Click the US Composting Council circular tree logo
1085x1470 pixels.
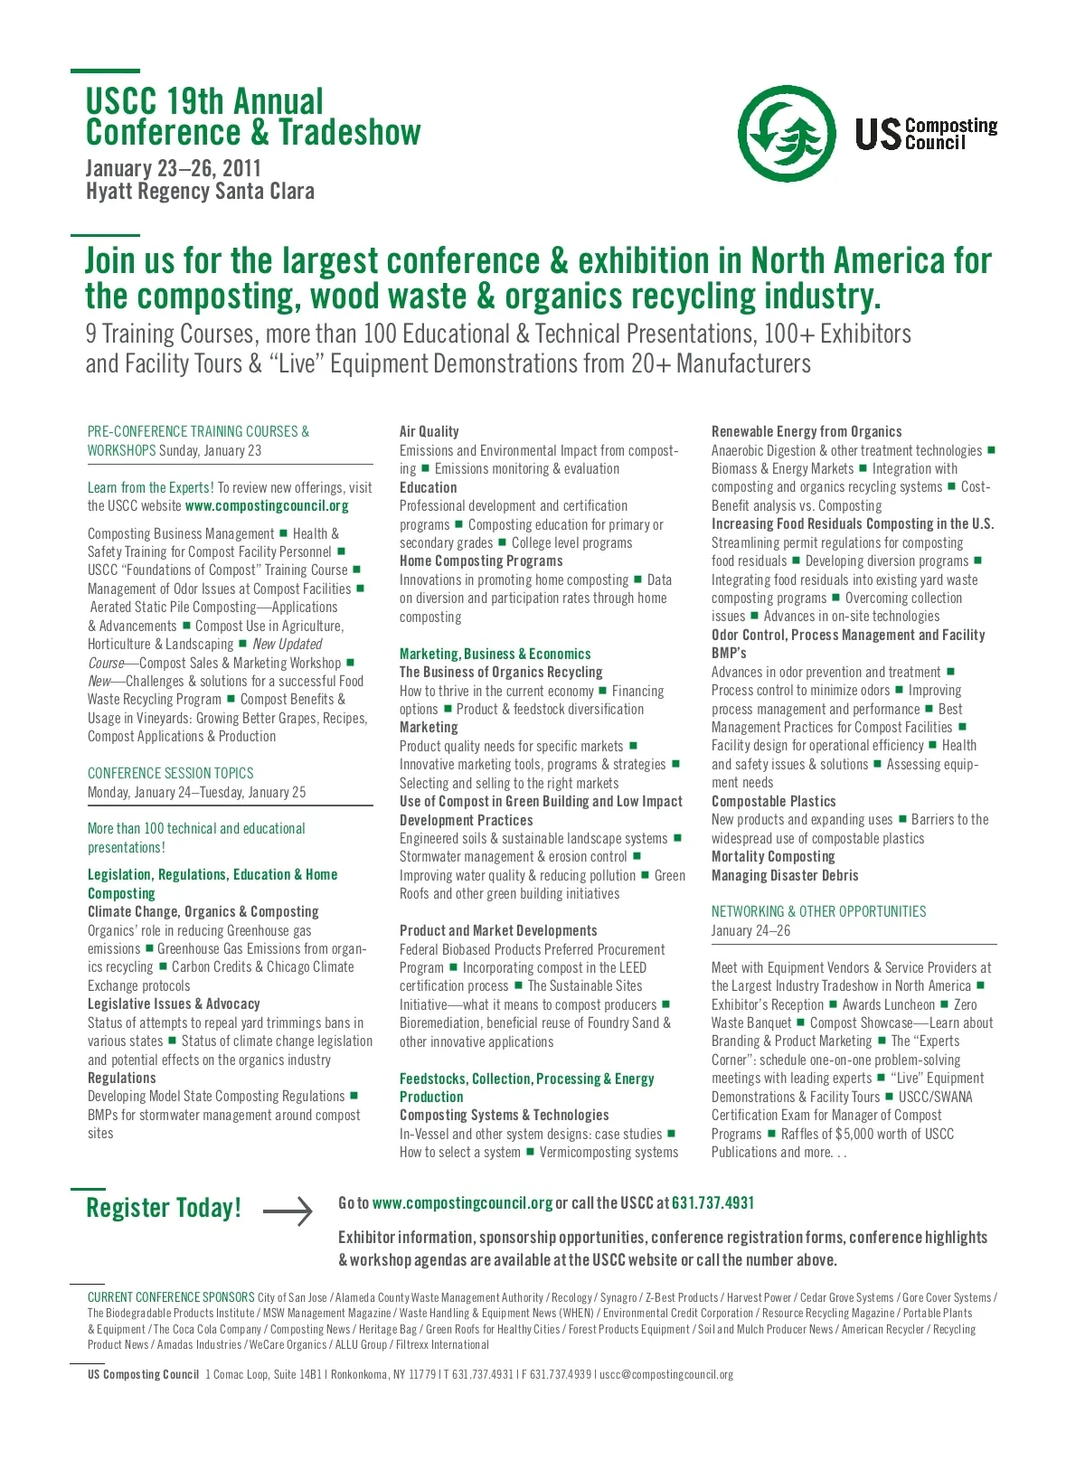click(x=786, y=133)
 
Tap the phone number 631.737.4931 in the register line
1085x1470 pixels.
click(x=712, y=1203)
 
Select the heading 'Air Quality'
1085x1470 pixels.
click(x=429, y=431)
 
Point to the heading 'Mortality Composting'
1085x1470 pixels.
click(x=773, y=856)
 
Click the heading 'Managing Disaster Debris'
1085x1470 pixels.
click(x=785, y=875)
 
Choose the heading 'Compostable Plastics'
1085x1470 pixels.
click(x=773, y=801)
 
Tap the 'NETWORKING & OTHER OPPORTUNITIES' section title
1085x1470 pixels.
click(x=818, y=911)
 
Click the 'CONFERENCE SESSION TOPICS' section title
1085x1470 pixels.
click(x=170, y=773)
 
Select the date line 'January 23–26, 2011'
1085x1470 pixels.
click(x=173, y=168)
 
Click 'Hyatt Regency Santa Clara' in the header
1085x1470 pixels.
click(x=200, y=192)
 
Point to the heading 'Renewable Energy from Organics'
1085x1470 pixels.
click(x=807, y=431)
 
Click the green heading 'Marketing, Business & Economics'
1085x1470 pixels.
click(x=495, y=654)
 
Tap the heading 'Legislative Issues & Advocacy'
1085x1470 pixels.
click(x=174, y=1004)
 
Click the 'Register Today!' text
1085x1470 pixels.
click(x=164, y=1208)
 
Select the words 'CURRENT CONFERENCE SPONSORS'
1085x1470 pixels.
click(x=171, y=1297)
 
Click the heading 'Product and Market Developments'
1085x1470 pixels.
click(x=498, y=930)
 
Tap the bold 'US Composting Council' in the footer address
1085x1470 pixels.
click(x=143, y=1374)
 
